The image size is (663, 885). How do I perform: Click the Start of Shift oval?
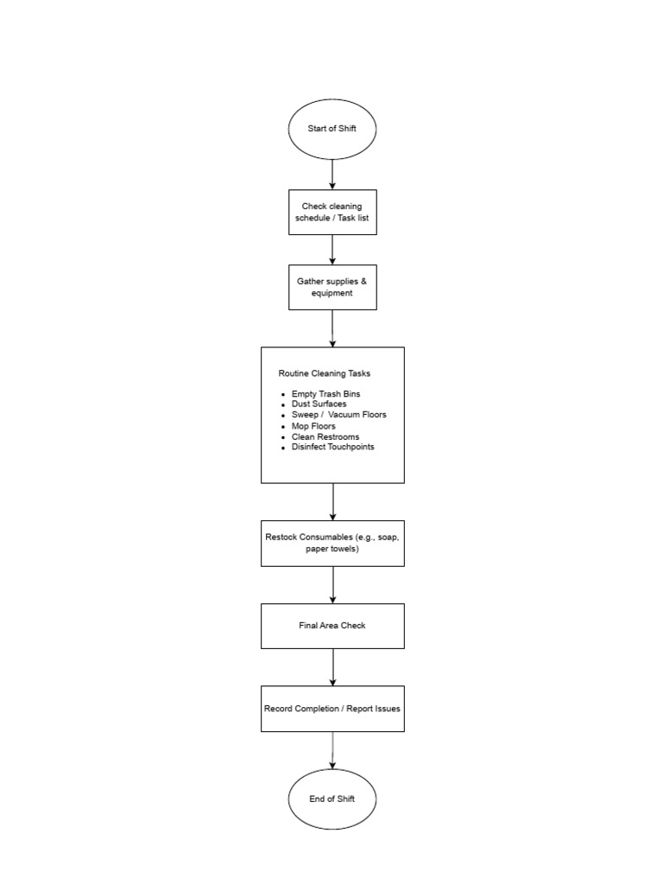coord(332,130)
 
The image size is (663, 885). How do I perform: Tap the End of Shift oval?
coord(332,799)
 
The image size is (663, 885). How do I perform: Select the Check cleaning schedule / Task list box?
coord(332,213)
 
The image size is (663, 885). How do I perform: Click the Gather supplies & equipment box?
coord(332,287)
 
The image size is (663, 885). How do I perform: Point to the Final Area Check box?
coord(332,626)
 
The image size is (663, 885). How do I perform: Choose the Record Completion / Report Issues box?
coord(332,709)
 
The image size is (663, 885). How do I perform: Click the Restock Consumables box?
coord(332,544)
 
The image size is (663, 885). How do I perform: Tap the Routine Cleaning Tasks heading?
coord(325,373)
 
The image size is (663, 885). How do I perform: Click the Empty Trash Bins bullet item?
coord(325,394)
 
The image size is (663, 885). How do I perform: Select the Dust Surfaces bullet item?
coord(319,404)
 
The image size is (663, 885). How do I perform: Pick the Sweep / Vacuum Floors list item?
coord(338,415)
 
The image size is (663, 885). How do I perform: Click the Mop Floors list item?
coord(313,426)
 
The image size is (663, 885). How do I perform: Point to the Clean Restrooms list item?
coord(325,436)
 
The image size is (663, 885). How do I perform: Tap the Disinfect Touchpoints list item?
coord(332,447)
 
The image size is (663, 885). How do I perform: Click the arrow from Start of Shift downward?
coord(332,175)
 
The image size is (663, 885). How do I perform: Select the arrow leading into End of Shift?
coord(332,750)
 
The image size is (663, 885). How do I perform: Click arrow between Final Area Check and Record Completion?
coord(332,667)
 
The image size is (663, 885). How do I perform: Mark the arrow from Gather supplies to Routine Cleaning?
coord(332,328)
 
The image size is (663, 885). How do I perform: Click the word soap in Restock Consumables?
coord(388,538)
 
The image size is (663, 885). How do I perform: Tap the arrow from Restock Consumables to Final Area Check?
coord(332,585)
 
